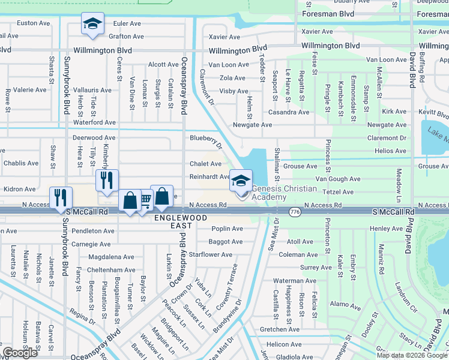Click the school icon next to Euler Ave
pos(93,24)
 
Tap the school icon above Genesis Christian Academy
pos(241,180)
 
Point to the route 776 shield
pos(295,212)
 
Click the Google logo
pos(20,353)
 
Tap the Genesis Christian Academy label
pos(284,193)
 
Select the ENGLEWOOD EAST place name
pos(173,221)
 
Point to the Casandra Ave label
pos(289,112)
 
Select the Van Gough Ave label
pos(338,179)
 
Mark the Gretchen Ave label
pos(280,329)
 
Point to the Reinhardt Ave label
pos(209,177)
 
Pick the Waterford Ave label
pos(94,122)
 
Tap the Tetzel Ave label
pos(339,192)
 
